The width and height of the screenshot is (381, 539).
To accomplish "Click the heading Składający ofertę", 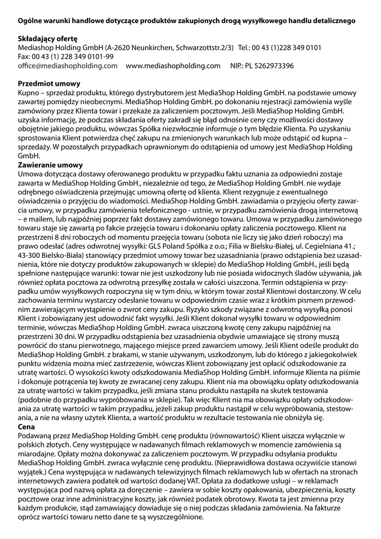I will [47, 38].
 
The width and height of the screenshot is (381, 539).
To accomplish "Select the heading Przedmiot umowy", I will [49, 83].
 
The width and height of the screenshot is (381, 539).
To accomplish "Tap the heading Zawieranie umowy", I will [50, 165].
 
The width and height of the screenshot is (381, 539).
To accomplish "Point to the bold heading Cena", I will [26, 427].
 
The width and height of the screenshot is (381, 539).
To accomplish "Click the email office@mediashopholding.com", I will [67, 66].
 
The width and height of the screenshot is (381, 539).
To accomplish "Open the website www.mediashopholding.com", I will [173, 66].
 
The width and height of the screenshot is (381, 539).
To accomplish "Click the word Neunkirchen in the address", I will [152, 47].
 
